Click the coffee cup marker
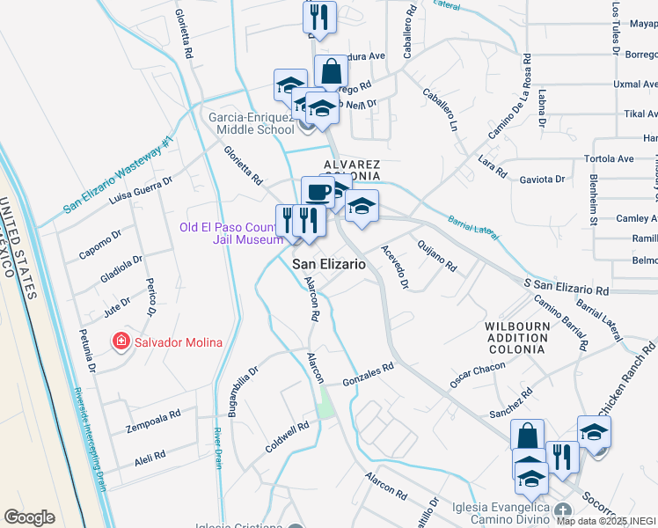point(317,191)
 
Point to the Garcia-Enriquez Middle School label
point(251,123)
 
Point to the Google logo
point(29,517)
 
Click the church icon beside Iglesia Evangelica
point(563,510)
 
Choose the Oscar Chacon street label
point(478,373)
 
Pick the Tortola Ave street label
point(609,159)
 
